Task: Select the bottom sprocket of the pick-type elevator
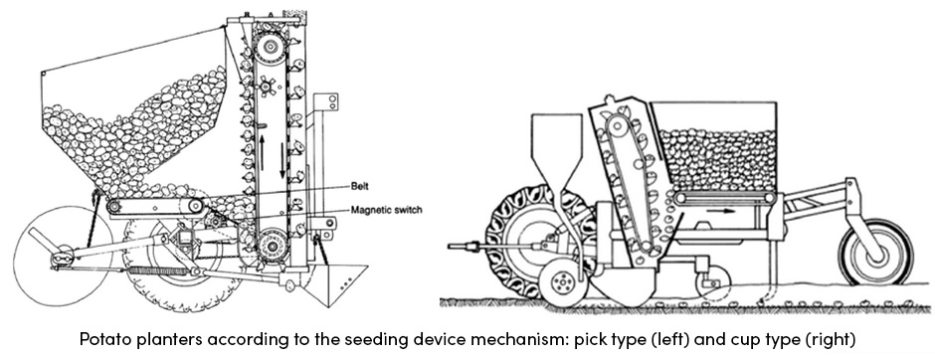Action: pos(269,244)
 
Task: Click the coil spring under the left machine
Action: pos(149,270)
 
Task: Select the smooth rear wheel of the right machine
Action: pos(875,253)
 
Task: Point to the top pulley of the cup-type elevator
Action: pos(623,126)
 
